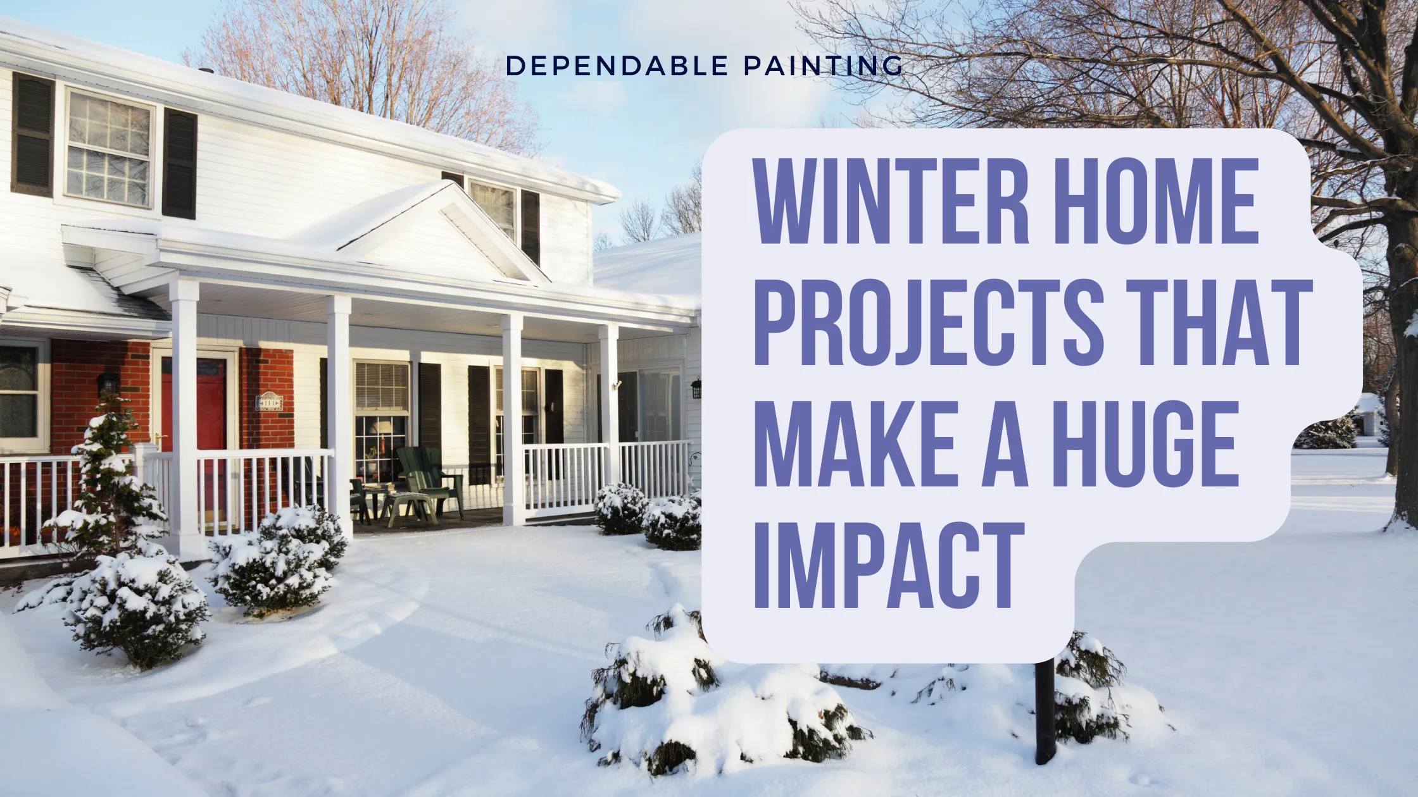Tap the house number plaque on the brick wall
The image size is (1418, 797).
tap(268, 402)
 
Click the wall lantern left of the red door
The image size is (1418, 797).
tap(108, 383)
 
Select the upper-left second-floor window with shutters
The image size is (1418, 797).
tap(109, 149)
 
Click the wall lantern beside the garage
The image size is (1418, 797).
tap(696, 387)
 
